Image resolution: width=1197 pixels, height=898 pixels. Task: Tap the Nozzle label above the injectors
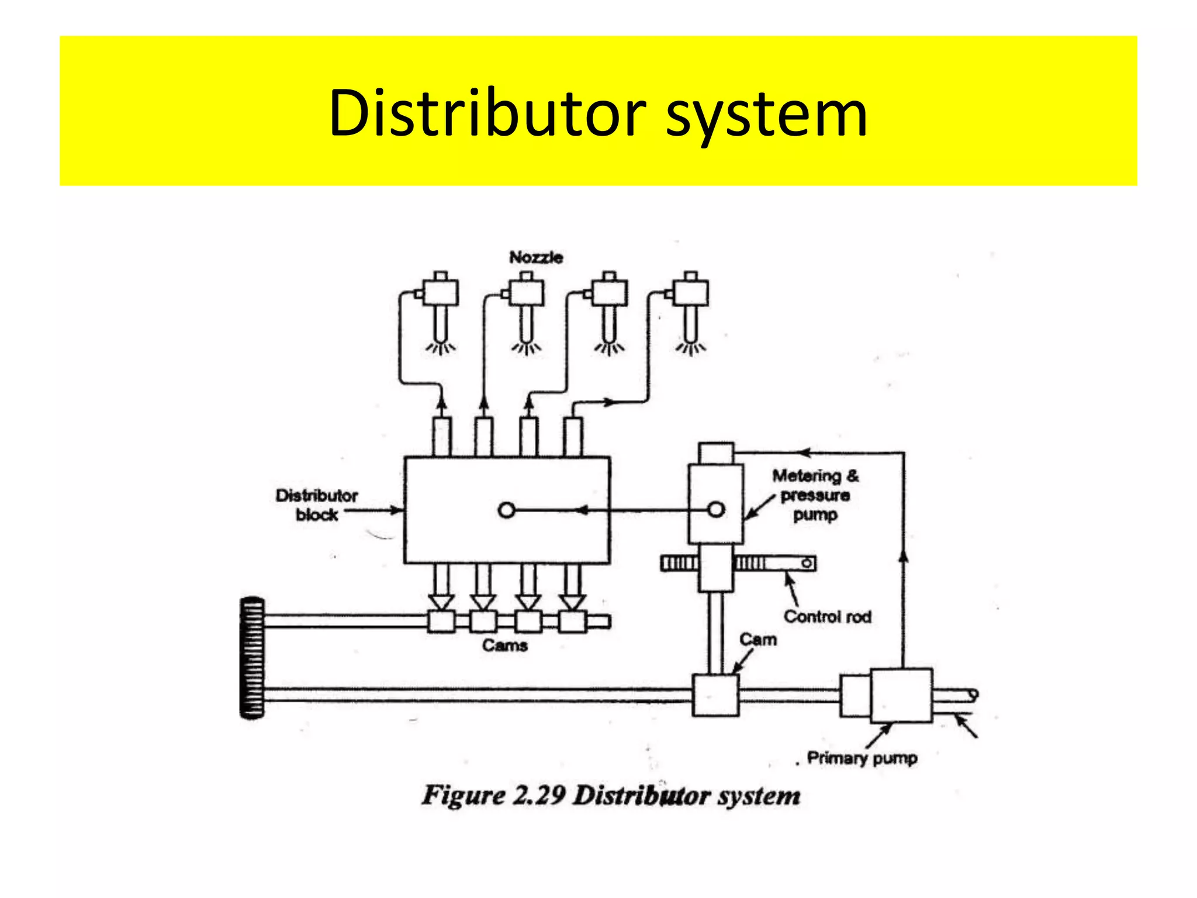(x=536, y=257)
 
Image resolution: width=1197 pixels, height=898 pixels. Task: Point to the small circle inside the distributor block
(x=506, y=510)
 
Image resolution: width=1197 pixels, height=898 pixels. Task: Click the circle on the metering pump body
(x=716, y=510)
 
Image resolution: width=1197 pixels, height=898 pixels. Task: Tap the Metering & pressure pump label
(x=815, y=495)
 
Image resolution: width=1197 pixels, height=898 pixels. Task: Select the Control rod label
(x=827, y=617)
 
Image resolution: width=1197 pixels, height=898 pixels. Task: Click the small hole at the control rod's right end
(x=807, y=563)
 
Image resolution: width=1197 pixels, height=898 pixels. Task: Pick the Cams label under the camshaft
(x=505, y=645)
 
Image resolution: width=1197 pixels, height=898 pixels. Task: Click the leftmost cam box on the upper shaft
(x=441, y=621)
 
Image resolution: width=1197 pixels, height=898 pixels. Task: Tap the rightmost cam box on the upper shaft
(x=572, y=621)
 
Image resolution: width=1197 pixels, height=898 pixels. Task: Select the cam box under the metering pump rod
(x=715, y=695)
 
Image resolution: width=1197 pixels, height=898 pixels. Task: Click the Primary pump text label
(x=862, y=758)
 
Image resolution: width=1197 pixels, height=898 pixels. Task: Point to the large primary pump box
(x=901, y=696)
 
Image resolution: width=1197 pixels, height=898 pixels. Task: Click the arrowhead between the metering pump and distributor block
(x=582, y=510)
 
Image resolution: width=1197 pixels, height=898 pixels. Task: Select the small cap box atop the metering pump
(x=715, y=453)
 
